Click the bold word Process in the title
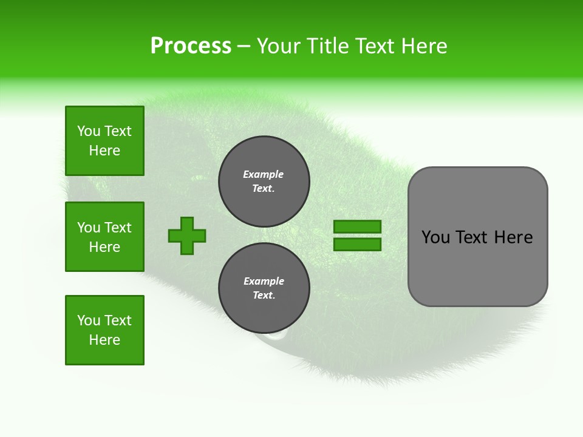[191, 46]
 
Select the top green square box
[104, 141]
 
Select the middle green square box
[104, 237]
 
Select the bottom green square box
[104, 330]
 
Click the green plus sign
[187, 235]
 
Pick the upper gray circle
[264, 181]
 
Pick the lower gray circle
[264, 288]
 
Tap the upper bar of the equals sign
[357, 227]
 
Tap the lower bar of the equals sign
[357, 245]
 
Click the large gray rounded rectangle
[477, 267]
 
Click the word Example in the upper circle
[264, 174]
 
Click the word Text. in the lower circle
[264, 296]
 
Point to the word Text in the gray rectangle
[472, 237]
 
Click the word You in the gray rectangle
[435, 237]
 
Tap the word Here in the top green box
[104, 151]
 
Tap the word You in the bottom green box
[89, 320]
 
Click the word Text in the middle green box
[118, 228]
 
